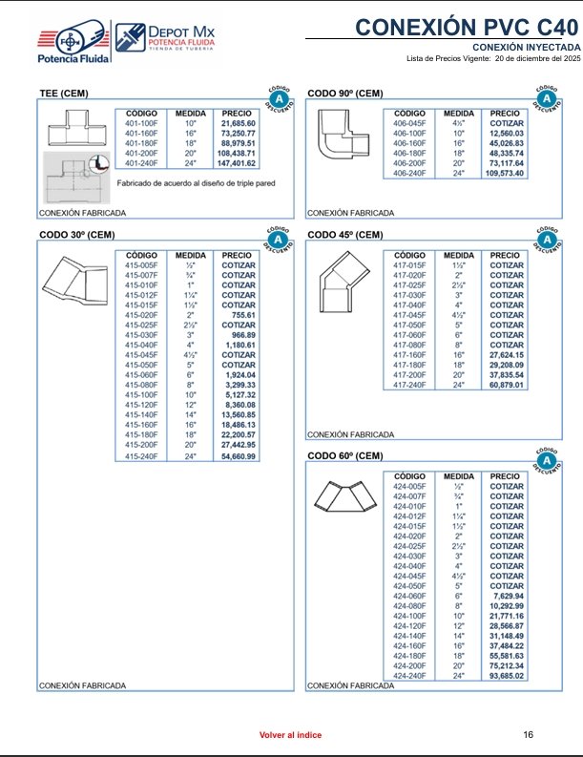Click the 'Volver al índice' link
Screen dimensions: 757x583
[291, 735]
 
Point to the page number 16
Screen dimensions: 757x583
[529, 734]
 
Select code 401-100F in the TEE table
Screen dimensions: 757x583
[141, 124]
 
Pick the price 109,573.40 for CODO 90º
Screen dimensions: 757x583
[507, 174]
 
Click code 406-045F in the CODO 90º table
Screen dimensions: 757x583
[409, 124]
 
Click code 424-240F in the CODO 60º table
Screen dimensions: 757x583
[409, 677]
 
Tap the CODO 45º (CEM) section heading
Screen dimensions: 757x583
[345, 235]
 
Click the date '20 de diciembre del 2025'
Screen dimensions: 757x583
[533, 58]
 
